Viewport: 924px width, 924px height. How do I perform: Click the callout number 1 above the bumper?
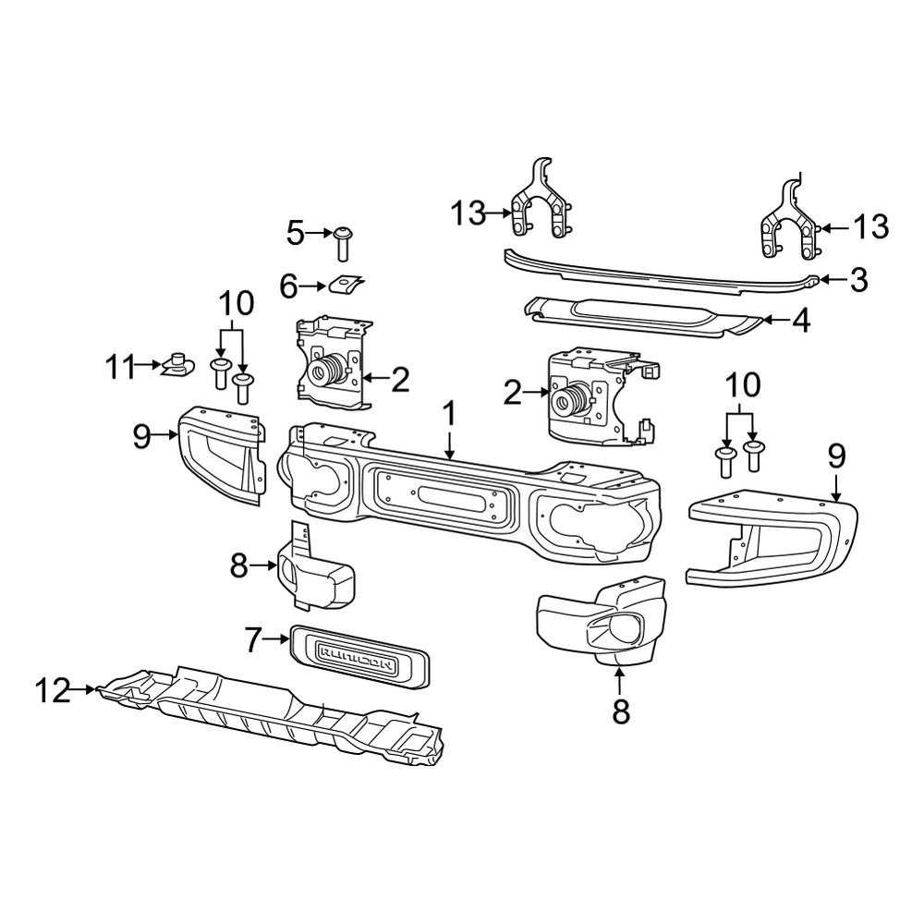click(449, 416)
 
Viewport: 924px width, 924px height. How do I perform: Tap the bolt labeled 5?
click(345, 242)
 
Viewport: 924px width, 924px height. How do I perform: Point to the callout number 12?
click(53, 690)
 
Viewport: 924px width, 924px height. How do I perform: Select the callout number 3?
click(859, 280)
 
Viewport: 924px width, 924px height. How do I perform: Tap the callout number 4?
click(800, 322)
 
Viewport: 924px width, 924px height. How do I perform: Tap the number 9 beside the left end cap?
click(140, 435)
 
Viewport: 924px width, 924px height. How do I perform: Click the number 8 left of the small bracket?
click(239, 565)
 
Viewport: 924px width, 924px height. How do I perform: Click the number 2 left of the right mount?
click(513, 395)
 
